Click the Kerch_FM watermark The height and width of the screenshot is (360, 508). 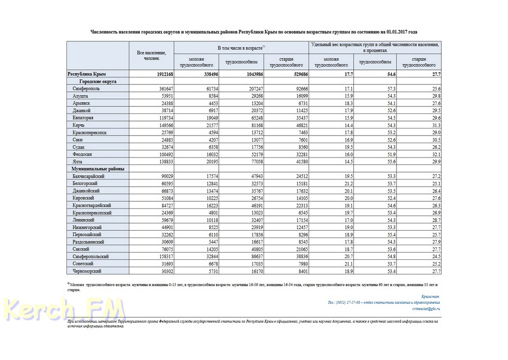click(x=66, y=309)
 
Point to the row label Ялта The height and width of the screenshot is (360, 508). click(x=78, y=161)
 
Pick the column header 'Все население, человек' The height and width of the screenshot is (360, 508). click(x=151, y=55)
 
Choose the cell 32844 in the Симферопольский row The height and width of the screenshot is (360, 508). click(x=206, y=256)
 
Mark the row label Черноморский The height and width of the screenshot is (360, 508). click(x=87, y=271)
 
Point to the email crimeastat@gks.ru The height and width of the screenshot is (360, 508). click(x=426, y=309)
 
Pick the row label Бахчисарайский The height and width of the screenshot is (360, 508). click(x=89, y=176)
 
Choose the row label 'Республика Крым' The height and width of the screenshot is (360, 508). click(x=87, y=74)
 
